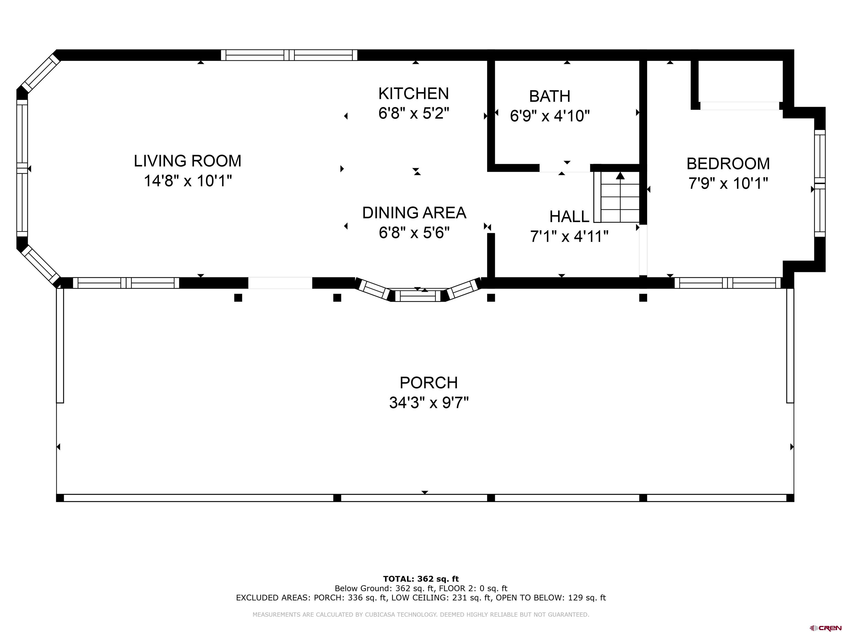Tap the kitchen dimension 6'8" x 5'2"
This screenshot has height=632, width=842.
click(414, 113)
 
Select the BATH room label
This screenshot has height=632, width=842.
click(550, 96)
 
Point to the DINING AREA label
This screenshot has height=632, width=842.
click(414, 213)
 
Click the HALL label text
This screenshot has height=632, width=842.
click(569, 217)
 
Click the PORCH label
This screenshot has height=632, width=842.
click(429, 382)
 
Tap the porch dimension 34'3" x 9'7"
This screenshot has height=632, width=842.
click(429, 402)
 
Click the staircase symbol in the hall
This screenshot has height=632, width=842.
click(617, 197)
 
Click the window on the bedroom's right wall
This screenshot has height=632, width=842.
click(820, 183)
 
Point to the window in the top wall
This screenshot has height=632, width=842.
click(289, 55)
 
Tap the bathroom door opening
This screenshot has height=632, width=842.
click(565, 168)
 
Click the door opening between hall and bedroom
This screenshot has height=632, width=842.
click(643, 250)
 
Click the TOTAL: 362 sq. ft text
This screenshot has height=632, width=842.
click(421, 579)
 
